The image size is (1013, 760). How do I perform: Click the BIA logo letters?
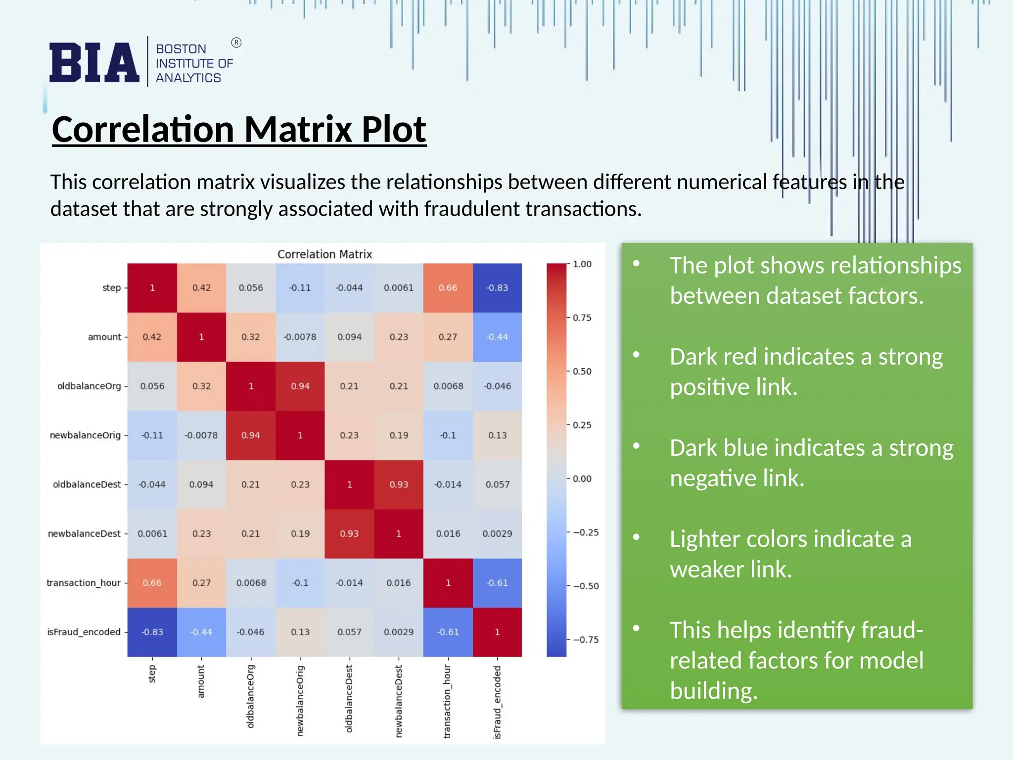[94, 62]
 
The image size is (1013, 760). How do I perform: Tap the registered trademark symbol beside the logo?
[236, 43]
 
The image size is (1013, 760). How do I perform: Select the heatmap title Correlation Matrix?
[324, 254]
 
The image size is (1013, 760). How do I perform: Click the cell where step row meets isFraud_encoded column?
[497, 288]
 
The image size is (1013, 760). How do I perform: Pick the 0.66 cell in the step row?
[448, 288]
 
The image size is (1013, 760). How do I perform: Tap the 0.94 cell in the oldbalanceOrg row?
[300, 386]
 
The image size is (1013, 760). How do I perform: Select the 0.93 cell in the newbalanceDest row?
[349, 534]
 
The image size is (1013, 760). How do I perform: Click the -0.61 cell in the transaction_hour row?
[497, 583]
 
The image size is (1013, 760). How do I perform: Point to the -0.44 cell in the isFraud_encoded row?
[201, 632]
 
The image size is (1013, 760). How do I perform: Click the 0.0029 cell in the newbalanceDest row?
[497, 534]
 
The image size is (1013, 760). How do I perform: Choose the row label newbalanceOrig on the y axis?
[85, 435]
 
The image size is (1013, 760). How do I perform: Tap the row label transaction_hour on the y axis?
[84, 583]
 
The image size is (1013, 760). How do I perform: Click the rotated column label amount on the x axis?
[201, 681]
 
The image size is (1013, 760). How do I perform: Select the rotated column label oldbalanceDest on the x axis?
[349, 699]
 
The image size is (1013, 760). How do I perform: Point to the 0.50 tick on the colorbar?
[582, 372]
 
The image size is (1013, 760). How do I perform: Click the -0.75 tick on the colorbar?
[586, 640]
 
